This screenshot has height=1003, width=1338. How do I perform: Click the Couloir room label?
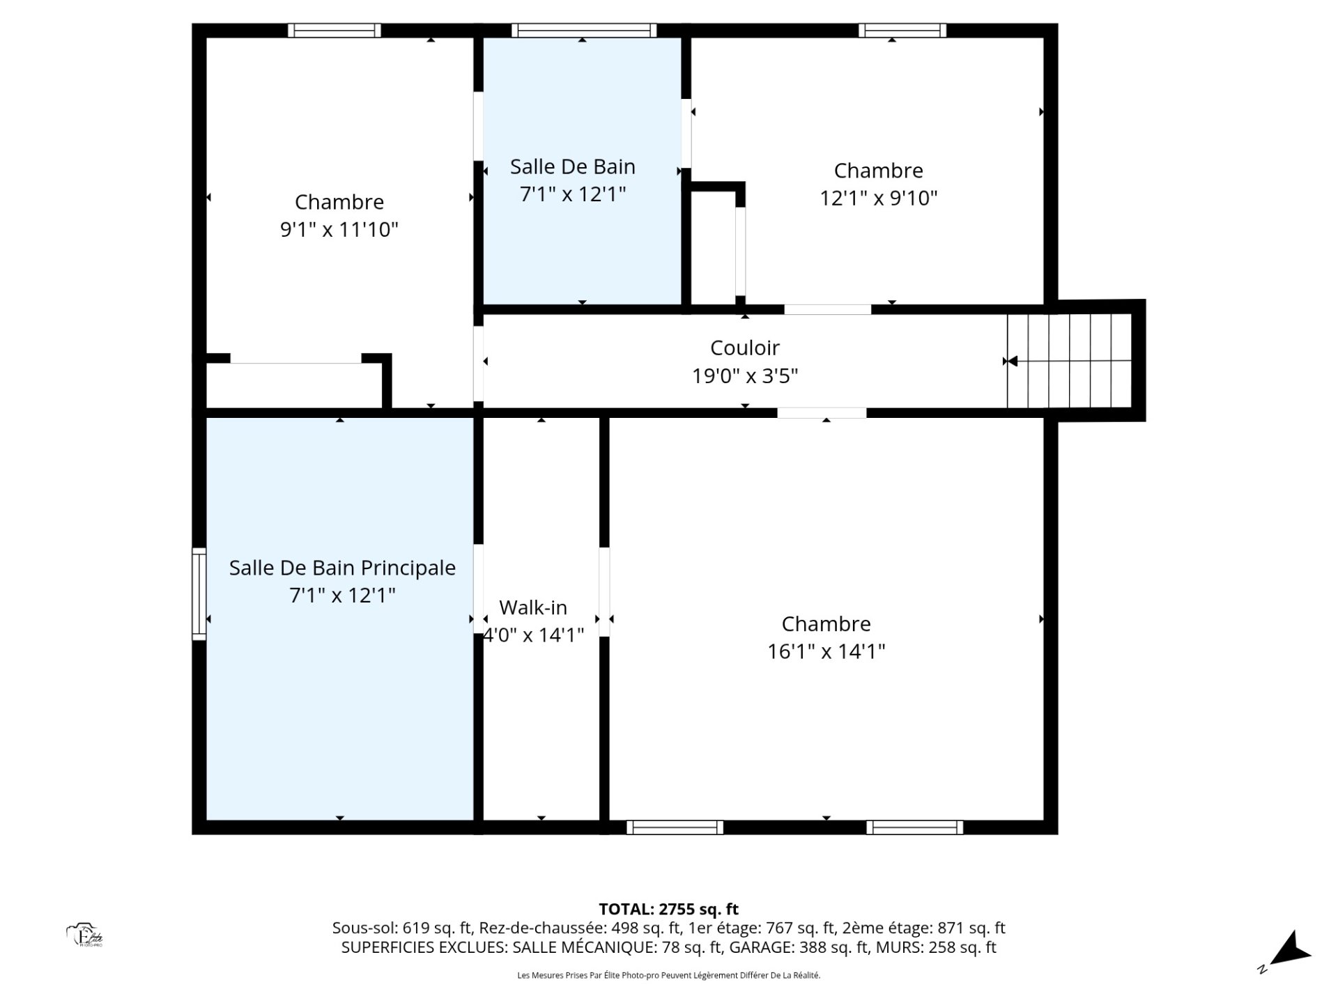744,348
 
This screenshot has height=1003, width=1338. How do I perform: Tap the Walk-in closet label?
533,607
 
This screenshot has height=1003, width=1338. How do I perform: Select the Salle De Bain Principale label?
342,568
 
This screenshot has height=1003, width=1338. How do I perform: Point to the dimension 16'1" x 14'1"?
826,651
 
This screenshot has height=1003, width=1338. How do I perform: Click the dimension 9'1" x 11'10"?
339,229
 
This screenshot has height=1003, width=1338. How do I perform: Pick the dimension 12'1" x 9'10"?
878,198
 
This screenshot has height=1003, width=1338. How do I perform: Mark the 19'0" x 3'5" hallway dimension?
744,376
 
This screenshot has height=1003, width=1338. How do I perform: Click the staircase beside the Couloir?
1069,361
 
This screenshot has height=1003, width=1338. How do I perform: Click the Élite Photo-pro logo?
85,935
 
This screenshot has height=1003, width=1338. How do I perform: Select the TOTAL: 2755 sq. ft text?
668,909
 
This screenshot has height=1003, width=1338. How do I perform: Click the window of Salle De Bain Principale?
199,593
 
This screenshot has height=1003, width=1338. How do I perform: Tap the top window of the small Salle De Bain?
584,30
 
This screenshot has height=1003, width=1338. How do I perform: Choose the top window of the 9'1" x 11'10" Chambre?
334,30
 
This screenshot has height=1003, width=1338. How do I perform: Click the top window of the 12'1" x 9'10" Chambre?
902,30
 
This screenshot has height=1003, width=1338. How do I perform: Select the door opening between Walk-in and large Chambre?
604,592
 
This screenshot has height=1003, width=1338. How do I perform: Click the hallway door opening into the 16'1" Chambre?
822,413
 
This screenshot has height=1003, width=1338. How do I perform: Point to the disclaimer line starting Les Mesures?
668,975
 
